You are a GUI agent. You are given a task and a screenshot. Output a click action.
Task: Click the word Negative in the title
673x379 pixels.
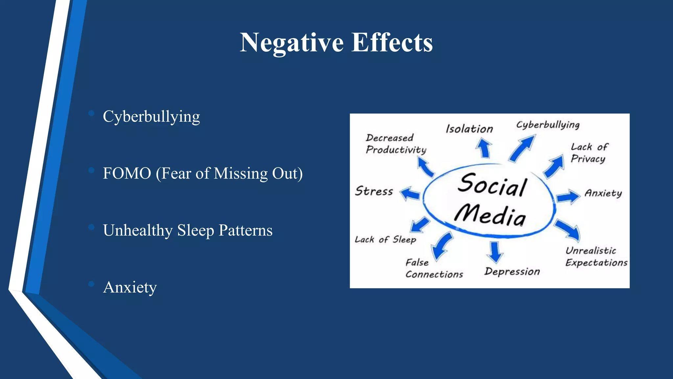[292, 43]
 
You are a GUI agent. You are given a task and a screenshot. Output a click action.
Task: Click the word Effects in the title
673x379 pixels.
[392, 43]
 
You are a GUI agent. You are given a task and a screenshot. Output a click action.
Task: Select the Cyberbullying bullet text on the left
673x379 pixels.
[151, 117]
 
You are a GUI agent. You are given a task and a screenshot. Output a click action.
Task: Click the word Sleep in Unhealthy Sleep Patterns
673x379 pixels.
[196, 230]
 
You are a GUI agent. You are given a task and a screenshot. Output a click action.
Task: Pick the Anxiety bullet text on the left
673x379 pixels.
[130, 287]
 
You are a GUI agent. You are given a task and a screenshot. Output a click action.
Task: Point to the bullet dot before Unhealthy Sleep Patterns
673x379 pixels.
[91, 227]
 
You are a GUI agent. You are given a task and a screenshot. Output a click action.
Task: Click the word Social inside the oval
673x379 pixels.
[492, 185]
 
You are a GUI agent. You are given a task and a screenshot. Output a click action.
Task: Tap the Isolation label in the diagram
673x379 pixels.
[469, 129]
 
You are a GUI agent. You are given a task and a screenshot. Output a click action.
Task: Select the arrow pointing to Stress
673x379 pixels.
[410, 193]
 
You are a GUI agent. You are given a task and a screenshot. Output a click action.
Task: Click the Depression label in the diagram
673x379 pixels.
[512, 271]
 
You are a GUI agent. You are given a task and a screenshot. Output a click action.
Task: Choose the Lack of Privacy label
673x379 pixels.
[589, 153]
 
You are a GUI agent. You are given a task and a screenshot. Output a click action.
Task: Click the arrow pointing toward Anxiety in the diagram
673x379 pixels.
[568, 197]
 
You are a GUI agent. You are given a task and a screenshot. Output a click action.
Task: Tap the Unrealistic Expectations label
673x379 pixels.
[596, 257]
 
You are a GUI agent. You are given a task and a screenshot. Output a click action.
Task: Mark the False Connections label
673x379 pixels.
[434, 268]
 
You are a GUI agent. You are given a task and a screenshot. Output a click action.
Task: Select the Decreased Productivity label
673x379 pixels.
[396, 144]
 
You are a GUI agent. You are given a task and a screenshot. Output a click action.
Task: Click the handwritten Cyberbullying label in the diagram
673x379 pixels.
[548, 125]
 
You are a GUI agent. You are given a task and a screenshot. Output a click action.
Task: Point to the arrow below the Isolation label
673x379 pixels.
[484, 148]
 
